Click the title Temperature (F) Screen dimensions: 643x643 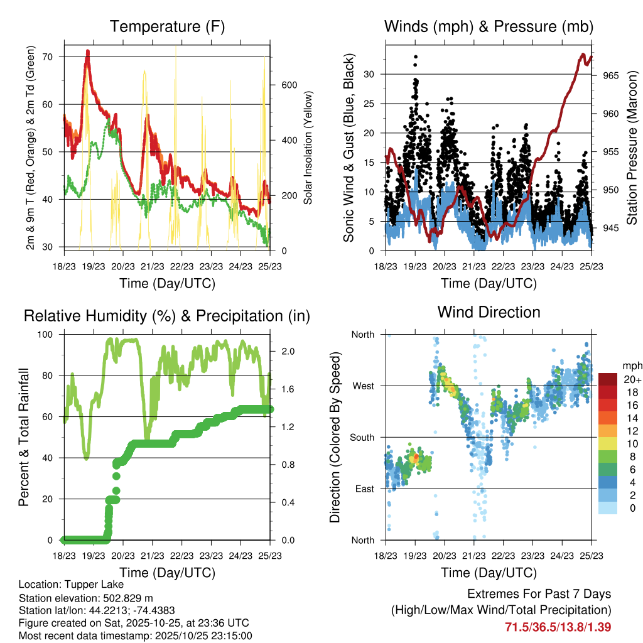[x=167, y=26]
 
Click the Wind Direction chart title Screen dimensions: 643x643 [x=489, y=312]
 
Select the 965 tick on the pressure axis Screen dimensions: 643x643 [x=610, y=76]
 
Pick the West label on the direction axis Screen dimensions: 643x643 [x=362, y=386]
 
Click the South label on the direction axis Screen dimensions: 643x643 [x=362, y=437]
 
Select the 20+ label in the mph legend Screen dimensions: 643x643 [x=632, y=379]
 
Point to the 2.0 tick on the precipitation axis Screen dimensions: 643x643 [x=289, y=351]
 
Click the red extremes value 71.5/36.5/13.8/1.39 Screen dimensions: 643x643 [x=558, y=627]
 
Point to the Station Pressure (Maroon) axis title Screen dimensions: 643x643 [x=632, y=139]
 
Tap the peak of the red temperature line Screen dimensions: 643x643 [x=88, y=51]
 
